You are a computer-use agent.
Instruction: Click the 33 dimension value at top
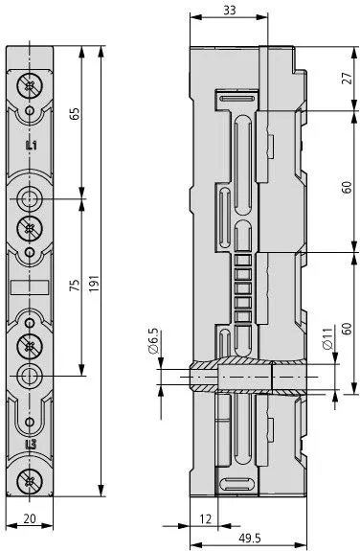pos(230,11)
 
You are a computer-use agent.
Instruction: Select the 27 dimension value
pos(347,78)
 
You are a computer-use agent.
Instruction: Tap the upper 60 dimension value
pos(347,187)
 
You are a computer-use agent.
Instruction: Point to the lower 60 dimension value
pos(347,329)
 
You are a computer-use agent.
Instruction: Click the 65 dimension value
pos(76,113)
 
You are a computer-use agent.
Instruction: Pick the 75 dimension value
pos(76,285)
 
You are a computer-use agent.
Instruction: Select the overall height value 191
pos(95,284)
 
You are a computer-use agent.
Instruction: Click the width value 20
pos(30,518)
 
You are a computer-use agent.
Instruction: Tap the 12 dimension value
pos(206,518)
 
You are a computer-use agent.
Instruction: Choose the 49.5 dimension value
pos(250,538)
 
